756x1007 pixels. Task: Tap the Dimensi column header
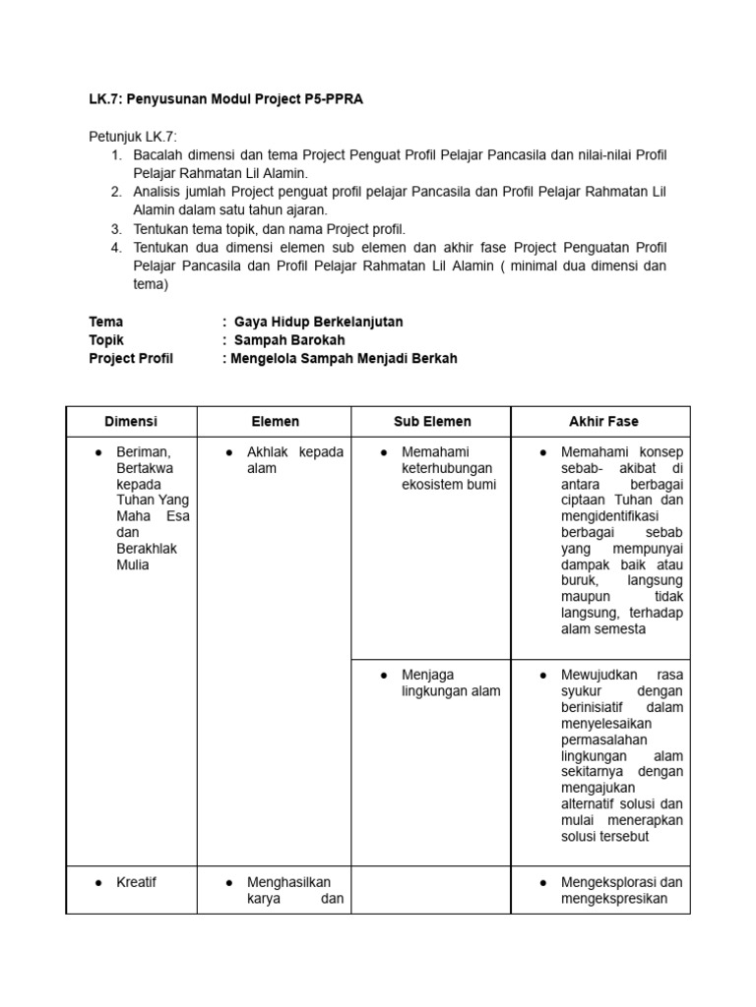(x=131, y=421)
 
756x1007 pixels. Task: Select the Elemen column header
(x=276, y=421)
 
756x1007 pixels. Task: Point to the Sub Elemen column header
(x=432, y=421)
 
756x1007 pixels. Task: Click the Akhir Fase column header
(x=603, y=421)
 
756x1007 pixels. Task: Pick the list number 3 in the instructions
(x=115, y=228)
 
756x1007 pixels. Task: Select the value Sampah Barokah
(x=289, y=340)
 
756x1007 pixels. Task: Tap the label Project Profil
(x=131, y=359)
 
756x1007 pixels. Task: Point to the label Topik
(x=106, y=340)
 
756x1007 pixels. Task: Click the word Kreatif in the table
(x=136, y=882)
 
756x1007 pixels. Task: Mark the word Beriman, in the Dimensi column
(x=144, y=451)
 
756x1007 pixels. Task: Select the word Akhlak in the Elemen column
(x=269, y=451)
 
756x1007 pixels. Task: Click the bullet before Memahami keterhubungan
(x=383, y=452)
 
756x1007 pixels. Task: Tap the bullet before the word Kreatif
(x=98, y=883)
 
